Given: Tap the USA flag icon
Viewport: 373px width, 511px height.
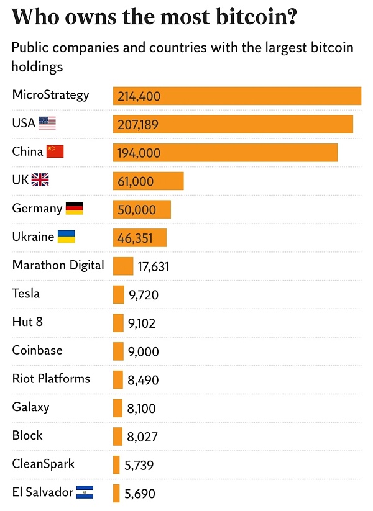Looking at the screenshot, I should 47,123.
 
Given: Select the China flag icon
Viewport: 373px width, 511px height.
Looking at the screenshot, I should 55,151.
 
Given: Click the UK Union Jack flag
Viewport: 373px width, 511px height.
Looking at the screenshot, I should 40,180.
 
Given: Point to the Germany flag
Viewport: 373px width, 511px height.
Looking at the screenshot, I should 74,209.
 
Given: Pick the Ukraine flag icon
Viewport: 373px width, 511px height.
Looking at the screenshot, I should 67,237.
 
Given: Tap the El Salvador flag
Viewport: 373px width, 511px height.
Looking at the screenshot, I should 85,492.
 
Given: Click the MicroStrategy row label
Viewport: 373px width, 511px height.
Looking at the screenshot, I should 50,95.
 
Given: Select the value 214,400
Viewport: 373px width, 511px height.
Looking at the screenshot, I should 139,96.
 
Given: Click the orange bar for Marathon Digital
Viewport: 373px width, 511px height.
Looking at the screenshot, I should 123,266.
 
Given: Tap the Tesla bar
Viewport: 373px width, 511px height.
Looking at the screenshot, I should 118,294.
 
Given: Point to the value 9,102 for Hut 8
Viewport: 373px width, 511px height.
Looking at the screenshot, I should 142,323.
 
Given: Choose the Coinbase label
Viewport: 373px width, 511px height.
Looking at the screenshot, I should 37,350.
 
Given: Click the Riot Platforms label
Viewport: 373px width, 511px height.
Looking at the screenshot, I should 51,379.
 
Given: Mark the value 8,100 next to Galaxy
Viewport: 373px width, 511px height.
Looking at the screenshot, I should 142,409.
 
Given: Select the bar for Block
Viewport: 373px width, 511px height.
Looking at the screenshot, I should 117,436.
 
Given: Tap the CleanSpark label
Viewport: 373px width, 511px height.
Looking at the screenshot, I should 43,464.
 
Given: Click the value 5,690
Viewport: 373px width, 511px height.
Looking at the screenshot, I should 140,494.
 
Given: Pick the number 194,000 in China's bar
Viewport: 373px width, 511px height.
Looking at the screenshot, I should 139,153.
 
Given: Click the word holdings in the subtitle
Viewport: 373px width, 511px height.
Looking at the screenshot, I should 38,66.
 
